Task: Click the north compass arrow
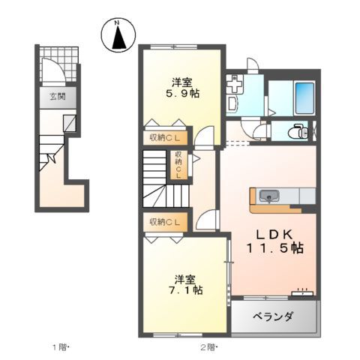118,37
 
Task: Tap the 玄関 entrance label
57,97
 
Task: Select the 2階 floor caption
208,346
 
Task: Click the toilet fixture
301,131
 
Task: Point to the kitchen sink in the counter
268,196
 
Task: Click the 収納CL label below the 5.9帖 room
163,136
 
